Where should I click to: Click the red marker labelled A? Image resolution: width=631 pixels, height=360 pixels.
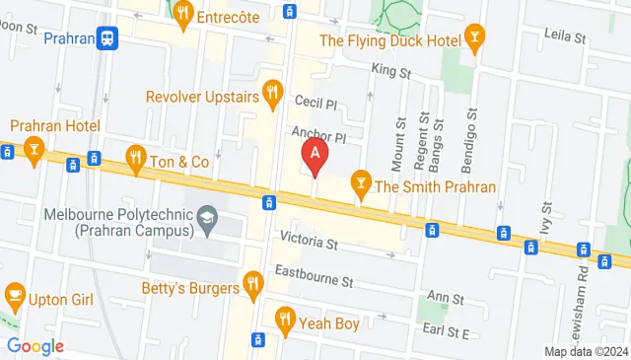315,155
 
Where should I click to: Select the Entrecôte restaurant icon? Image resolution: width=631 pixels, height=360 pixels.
181,14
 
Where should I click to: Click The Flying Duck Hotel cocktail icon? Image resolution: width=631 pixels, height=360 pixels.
476,40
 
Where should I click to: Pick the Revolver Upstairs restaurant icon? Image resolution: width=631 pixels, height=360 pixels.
273,96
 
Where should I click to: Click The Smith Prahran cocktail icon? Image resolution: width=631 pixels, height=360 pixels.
361,184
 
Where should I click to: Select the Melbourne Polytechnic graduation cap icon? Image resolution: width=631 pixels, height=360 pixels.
207,218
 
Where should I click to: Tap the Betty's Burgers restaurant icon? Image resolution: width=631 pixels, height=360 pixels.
253,287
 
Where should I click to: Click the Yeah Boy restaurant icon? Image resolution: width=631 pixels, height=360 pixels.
286,319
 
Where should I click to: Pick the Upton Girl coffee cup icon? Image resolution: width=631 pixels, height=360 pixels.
15,294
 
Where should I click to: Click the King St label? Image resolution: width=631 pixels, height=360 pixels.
389,71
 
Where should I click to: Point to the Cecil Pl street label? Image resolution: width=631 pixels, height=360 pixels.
315,104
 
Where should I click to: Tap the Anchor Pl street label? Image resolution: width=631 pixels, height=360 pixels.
318,135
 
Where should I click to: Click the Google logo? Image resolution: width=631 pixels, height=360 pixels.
35,346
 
